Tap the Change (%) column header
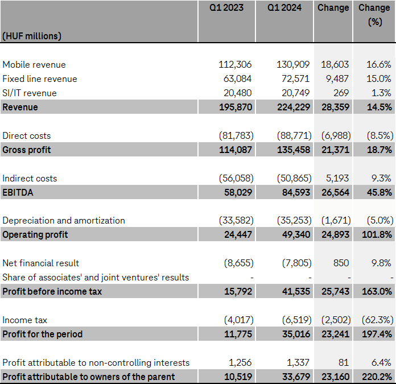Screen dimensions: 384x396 point(374,15)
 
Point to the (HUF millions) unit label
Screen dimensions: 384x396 point(32,36)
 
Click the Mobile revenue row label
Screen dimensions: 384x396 point(34,65)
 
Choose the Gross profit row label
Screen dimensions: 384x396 point(27,150)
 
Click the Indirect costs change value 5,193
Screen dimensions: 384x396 point(337,178)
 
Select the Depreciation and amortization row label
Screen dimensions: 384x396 point(63,221)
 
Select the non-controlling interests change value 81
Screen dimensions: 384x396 point(344,362)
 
